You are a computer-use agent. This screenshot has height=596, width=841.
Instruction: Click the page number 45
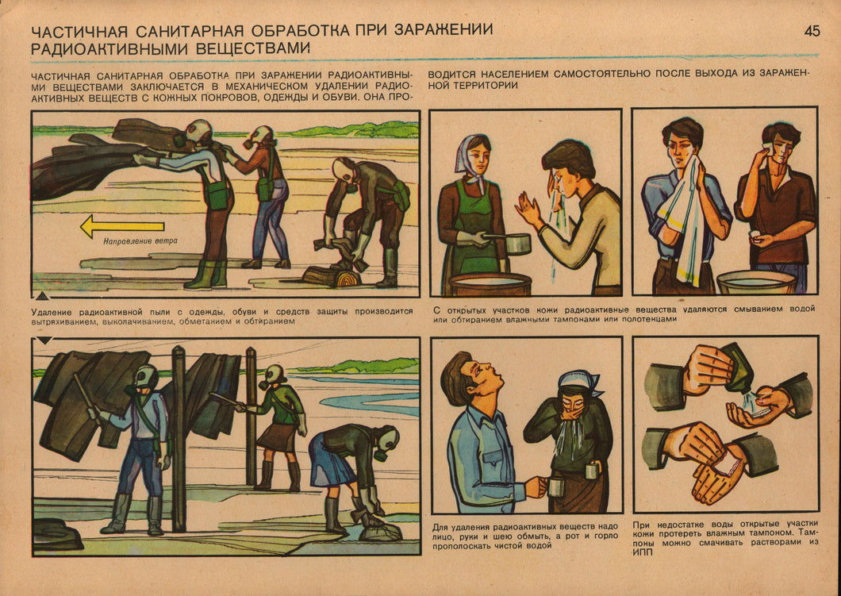(x=812, y=31)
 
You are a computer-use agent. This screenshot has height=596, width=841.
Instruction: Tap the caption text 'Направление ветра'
(x=140, y=241)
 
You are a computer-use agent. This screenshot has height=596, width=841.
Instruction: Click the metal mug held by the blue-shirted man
(x=555, y=486)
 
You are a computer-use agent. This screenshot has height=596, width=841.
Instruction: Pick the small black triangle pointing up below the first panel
(x=42, y=294)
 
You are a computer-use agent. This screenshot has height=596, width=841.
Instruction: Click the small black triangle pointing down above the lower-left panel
(x=44, y=340)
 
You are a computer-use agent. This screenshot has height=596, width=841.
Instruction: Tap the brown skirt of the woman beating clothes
(x=275, y=437)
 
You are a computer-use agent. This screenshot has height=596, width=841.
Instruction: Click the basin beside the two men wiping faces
(x=756, y=283)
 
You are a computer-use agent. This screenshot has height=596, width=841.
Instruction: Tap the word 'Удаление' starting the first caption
(x=52, y=312)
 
